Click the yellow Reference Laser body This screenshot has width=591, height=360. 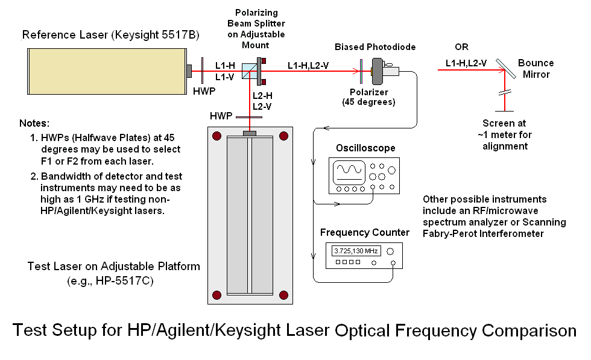click(106, 71)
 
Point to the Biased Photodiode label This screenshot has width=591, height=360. click(375, 47)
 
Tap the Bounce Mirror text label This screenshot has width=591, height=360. click(536, 69)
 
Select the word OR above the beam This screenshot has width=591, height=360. click(461, 47)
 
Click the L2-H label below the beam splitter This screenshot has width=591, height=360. click(262, 96)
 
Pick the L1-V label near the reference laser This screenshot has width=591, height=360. click(225, 77)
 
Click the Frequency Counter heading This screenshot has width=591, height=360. click(365, 232)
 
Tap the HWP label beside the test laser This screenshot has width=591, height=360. click(220, 115)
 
